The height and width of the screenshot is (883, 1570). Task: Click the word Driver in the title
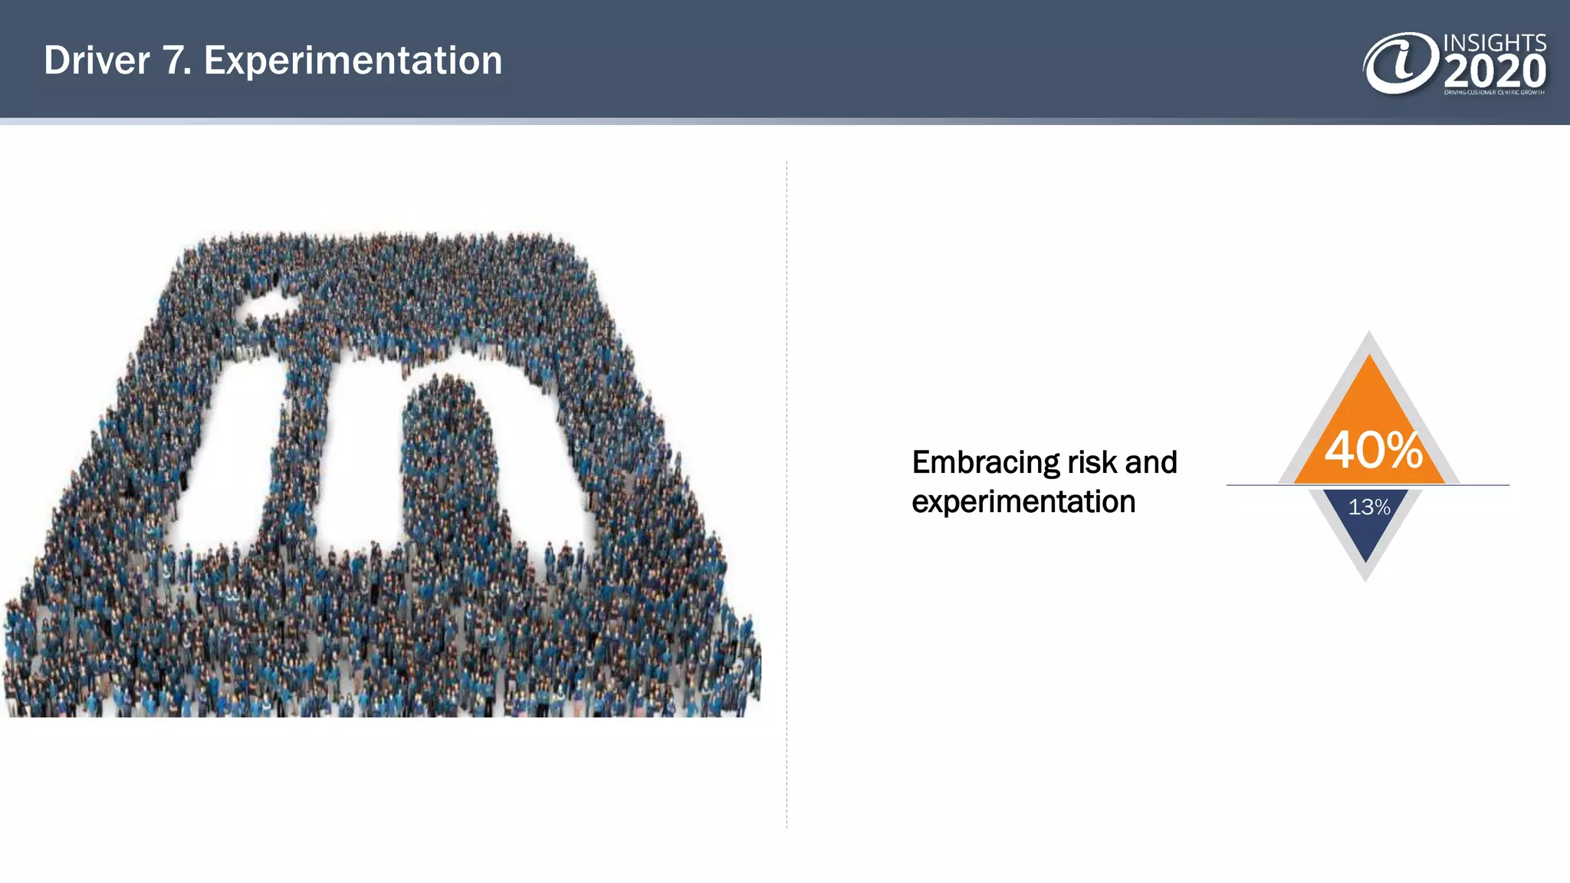tap(97, 61)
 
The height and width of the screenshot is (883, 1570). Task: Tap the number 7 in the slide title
tap(176, 61)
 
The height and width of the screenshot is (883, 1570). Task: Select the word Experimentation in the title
tap(353, 61)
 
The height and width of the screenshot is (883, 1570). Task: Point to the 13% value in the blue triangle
tap(1369, 507)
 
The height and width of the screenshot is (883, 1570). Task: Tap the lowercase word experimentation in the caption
tap(1023, 502)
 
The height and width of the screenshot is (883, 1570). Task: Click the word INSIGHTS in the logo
tap(1494, 43)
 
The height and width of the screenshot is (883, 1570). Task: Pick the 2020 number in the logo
tap(1495, 72)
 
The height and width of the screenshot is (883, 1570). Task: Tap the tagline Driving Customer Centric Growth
tap(1494, 93)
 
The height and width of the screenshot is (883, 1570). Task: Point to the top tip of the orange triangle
tap(1369, 357)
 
